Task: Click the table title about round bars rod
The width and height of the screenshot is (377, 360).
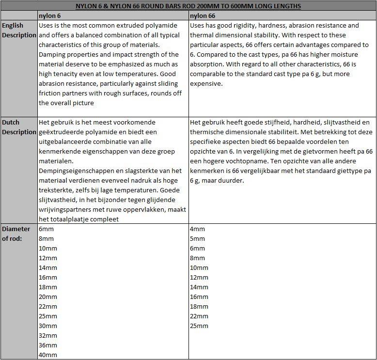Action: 188,6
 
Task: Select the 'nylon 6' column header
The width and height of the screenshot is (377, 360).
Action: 50,16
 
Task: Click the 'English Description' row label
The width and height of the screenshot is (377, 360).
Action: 18,30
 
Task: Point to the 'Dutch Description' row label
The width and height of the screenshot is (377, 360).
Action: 18,127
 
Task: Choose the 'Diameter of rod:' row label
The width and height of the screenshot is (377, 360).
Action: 16,234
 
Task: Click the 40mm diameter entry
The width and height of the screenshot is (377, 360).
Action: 48,355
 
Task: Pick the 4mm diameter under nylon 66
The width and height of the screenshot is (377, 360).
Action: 197,229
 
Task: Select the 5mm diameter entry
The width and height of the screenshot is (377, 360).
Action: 197,239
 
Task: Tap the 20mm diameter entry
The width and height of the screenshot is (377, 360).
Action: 48,297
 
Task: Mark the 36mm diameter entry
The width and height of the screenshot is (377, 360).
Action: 48,345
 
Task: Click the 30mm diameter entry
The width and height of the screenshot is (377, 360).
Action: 48,326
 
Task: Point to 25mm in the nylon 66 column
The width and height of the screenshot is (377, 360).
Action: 199,326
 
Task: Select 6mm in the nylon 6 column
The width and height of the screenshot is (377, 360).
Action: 46,229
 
